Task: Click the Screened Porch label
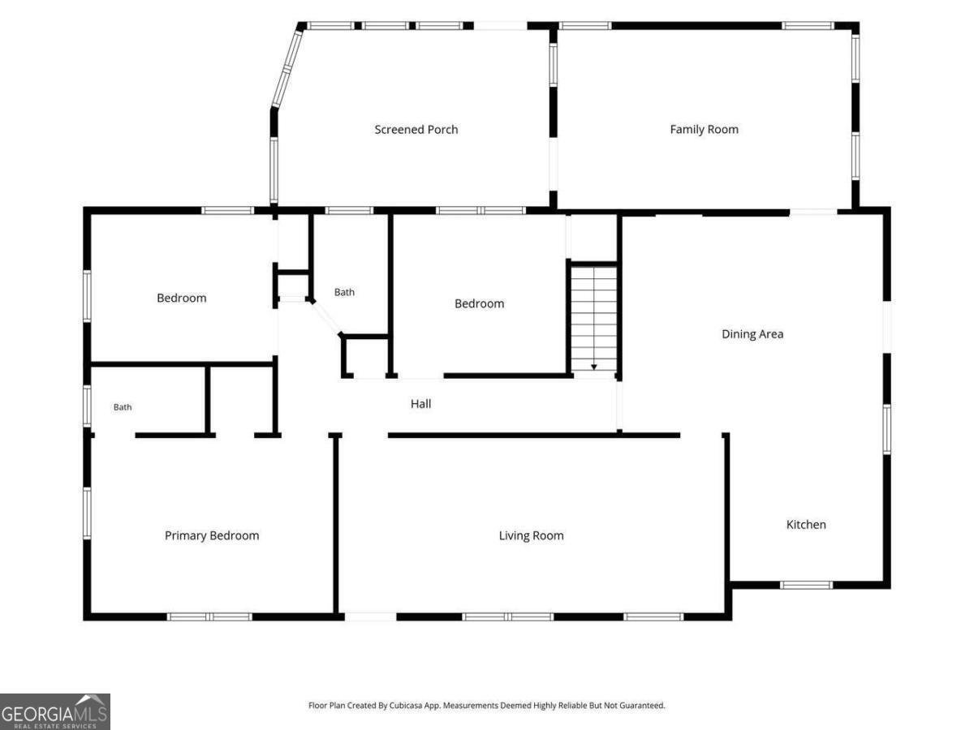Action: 416,130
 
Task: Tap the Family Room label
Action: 704,130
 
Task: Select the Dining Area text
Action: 752,333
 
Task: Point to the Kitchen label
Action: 806,524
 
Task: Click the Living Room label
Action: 531,535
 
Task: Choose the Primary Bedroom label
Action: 212,535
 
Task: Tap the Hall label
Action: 420,404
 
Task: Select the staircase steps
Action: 593,318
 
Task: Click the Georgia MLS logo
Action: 55,711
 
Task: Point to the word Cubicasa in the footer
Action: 405,705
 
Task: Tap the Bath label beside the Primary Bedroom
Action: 123,407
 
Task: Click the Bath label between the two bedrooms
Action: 344,292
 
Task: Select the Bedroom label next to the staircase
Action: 479,303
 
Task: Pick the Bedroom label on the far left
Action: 182,298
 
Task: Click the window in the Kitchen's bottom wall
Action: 806,585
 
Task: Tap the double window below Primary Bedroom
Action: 209,616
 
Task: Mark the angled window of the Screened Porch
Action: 287,69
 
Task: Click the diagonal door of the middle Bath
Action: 326,317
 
